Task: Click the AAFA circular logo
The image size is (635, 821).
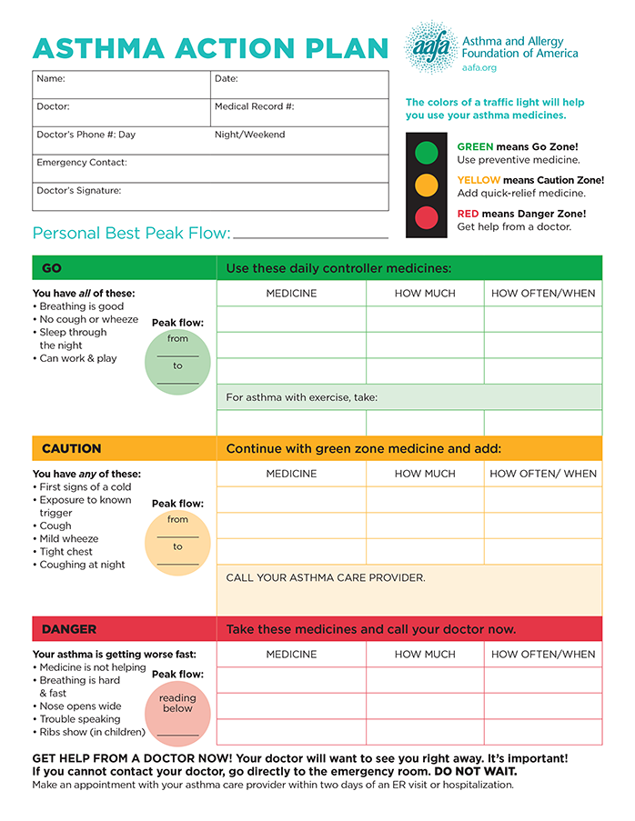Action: tap(430, 48)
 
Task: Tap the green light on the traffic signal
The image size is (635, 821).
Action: tap(426, 153)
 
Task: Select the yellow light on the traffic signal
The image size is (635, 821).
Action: tap(426, 185)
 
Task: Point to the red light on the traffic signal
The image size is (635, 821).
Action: tap(426, 218)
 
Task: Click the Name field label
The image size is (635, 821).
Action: tap(51, 79)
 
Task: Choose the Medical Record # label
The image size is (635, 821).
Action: tap(254, 107)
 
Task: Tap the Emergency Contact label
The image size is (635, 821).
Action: tap(82, 163)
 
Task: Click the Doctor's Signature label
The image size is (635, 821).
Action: tap(79, 191)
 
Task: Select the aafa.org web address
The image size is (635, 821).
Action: tap(479, 67)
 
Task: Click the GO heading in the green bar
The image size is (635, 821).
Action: tap(52, 268)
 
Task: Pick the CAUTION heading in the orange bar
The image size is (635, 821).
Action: tap(71, 449)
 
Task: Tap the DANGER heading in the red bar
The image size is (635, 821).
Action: tap(68, 629)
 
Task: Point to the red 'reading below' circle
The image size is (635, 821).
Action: tap(177, 712)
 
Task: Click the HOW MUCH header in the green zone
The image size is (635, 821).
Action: tap(425, 294)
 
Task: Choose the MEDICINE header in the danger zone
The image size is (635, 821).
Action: tap(291, 655)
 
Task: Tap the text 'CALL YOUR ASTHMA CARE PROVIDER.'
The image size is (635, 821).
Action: tap(326, 578)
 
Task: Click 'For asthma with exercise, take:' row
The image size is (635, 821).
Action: tap(302, 397)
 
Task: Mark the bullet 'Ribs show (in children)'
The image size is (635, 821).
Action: tap(92, 732)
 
